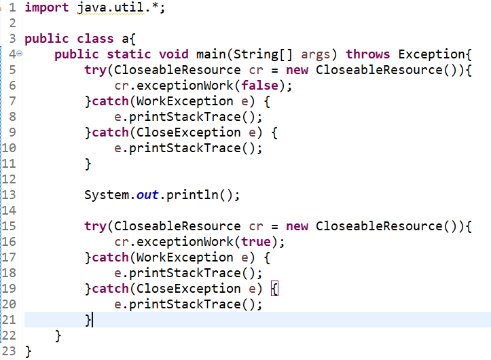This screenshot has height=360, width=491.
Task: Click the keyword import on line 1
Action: [46, 8]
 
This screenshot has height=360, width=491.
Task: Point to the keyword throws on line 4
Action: [368, 54]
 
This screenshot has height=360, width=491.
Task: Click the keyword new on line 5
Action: [297, 70]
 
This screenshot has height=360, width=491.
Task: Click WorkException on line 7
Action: [184, 101]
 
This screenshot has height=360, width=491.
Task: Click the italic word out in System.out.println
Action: [147, 195]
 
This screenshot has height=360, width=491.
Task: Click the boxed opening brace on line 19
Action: [275, 289]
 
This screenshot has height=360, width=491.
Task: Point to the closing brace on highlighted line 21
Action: [88, 320]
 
